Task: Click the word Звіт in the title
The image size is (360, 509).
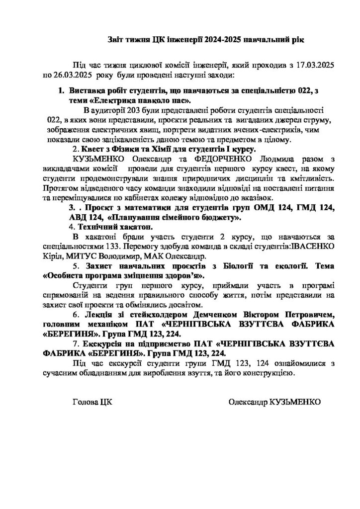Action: pyautogui.click(x=118, y=39)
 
